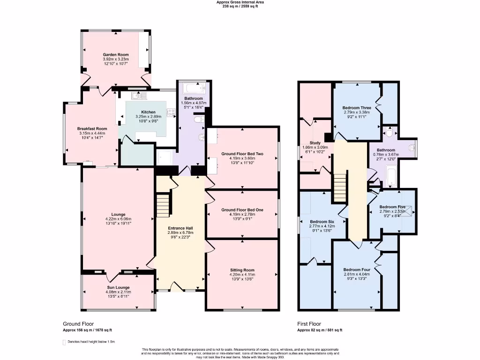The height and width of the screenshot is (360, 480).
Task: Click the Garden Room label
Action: pos(116,55)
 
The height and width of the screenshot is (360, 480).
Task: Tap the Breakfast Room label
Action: pos(92,128)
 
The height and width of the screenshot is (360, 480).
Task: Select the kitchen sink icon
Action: pos(139,96)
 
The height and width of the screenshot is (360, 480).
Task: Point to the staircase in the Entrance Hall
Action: pos(162,204)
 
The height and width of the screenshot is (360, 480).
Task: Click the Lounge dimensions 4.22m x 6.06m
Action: pos(118,219)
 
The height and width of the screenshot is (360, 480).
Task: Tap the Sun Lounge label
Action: pos(118,287)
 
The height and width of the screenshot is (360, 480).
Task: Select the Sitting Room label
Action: pos(242,270)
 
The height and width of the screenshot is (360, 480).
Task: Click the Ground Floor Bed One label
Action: pos(242,210)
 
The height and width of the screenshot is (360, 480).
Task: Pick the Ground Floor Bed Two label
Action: pos(242,154)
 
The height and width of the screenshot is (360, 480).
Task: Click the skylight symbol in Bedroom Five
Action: pos(407,210)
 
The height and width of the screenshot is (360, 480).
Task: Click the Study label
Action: pos(315,143)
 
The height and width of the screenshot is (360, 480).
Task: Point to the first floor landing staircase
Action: pos(340,186)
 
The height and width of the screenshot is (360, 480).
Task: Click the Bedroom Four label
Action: pos(357,270)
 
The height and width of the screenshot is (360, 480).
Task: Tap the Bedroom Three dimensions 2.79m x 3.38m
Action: pos(357,112)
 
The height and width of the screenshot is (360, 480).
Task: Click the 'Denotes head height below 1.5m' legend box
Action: pos(65,342)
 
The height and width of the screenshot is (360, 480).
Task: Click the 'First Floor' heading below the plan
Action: pos(310,324)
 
